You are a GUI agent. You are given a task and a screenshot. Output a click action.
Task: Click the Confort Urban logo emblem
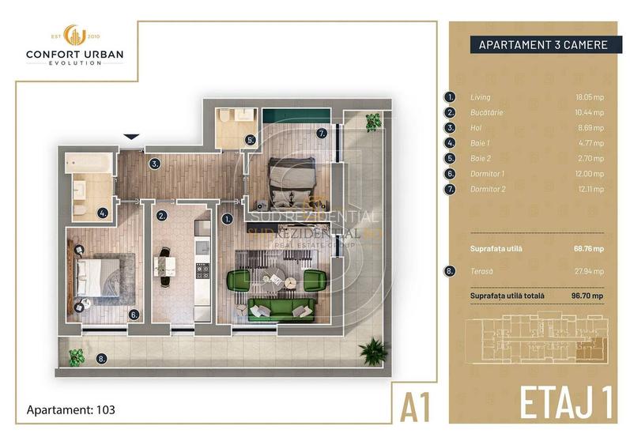click(75, 35)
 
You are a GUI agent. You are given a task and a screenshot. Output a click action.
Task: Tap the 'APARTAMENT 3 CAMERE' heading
click(543, 45)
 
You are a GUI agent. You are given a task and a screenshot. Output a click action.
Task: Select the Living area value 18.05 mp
click(591, 97)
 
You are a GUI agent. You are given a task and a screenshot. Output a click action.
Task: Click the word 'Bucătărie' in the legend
click(486, 112)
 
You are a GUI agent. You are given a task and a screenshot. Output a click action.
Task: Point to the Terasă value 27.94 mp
click(591, 271)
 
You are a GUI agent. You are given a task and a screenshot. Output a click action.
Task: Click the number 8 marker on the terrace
click(101, 358)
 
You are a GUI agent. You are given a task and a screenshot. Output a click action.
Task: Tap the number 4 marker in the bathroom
click(104, 212)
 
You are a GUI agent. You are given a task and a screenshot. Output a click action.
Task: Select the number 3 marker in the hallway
click(156, 164)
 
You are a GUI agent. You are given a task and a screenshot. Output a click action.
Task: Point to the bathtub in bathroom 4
click(88, 164)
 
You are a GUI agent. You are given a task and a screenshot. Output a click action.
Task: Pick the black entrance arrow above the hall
click(132, 138)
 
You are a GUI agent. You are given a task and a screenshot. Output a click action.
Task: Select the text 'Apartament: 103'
click(71, 410)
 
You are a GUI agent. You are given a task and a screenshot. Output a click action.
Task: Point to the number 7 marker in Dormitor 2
click(322, 134)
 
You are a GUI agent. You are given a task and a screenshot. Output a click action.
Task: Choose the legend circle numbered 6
click(451, 173)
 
